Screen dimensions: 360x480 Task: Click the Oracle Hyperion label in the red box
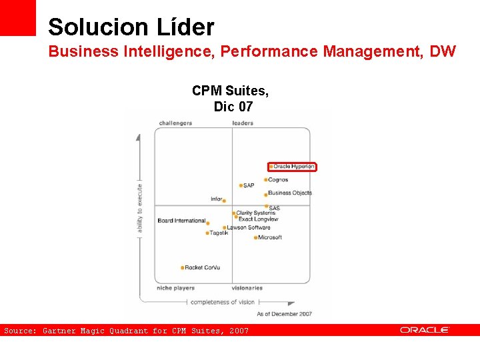(x=293, y=167)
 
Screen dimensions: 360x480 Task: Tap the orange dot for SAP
(x=241, y=185)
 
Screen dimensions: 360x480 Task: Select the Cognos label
(x=278, y=180)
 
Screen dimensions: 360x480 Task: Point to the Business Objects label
(x=290, y=193)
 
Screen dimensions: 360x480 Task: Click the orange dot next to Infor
(x=224, y=201)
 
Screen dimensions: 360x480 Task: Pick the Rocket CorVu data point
(x=182, y=268)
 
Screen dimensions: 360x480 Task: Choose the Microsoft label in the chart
(x=270, y=237)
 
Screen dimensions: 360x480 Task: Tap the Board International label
(x=181, y=221)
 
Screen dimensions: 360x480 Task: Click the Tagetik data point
(x=208, y=233)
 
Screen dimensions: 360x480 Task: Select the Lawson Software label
(x=249, y=227)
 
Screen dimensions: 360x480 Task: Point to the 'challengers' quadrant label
(x=175, y=123)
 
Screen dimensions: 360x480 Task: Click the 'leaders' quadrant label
(x=243, y=123)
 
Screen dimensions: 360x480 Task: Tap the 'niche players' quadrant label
(x=175, y=288)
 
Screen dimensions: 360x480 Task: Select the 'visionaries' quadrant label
(x=247, y=288)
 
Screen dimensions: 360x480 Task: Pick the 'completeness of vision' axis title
(x=223, y=302)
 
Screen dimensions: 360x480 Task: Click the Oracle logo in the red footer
(x=425, y=330)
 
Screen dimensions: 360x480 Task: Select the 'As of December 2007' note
(x=285, y=313)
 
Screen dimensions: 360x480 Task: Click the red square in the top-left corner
(x=18, y=17)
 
